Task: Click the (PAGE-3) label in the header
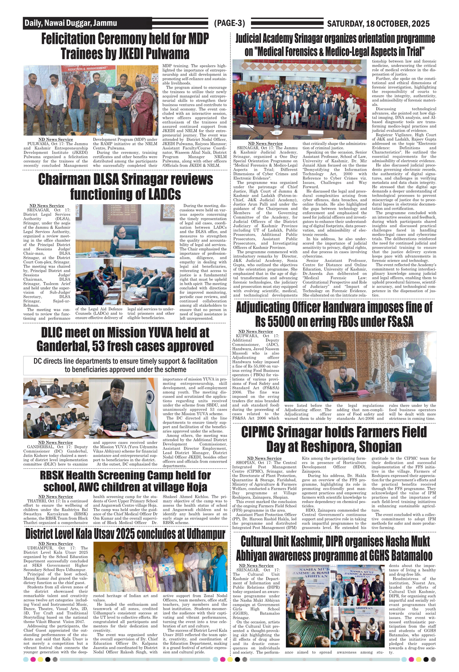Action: (229, 23)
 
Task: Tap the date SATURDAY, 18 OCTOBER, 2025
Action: (378, 24)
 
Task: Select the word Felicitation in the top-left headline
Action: (68, 39)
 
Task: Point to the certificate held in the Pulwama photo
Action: (105, 99)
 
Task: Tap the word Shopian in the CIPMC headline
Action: (380, 446)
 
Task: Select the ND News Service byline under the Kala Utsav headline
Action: (56, 543)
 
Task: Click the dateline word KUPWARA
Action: (248, 336)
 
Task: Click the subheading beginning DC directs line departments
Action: (125, 365)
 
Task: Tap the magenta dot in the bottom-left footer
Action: (33, 659)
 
